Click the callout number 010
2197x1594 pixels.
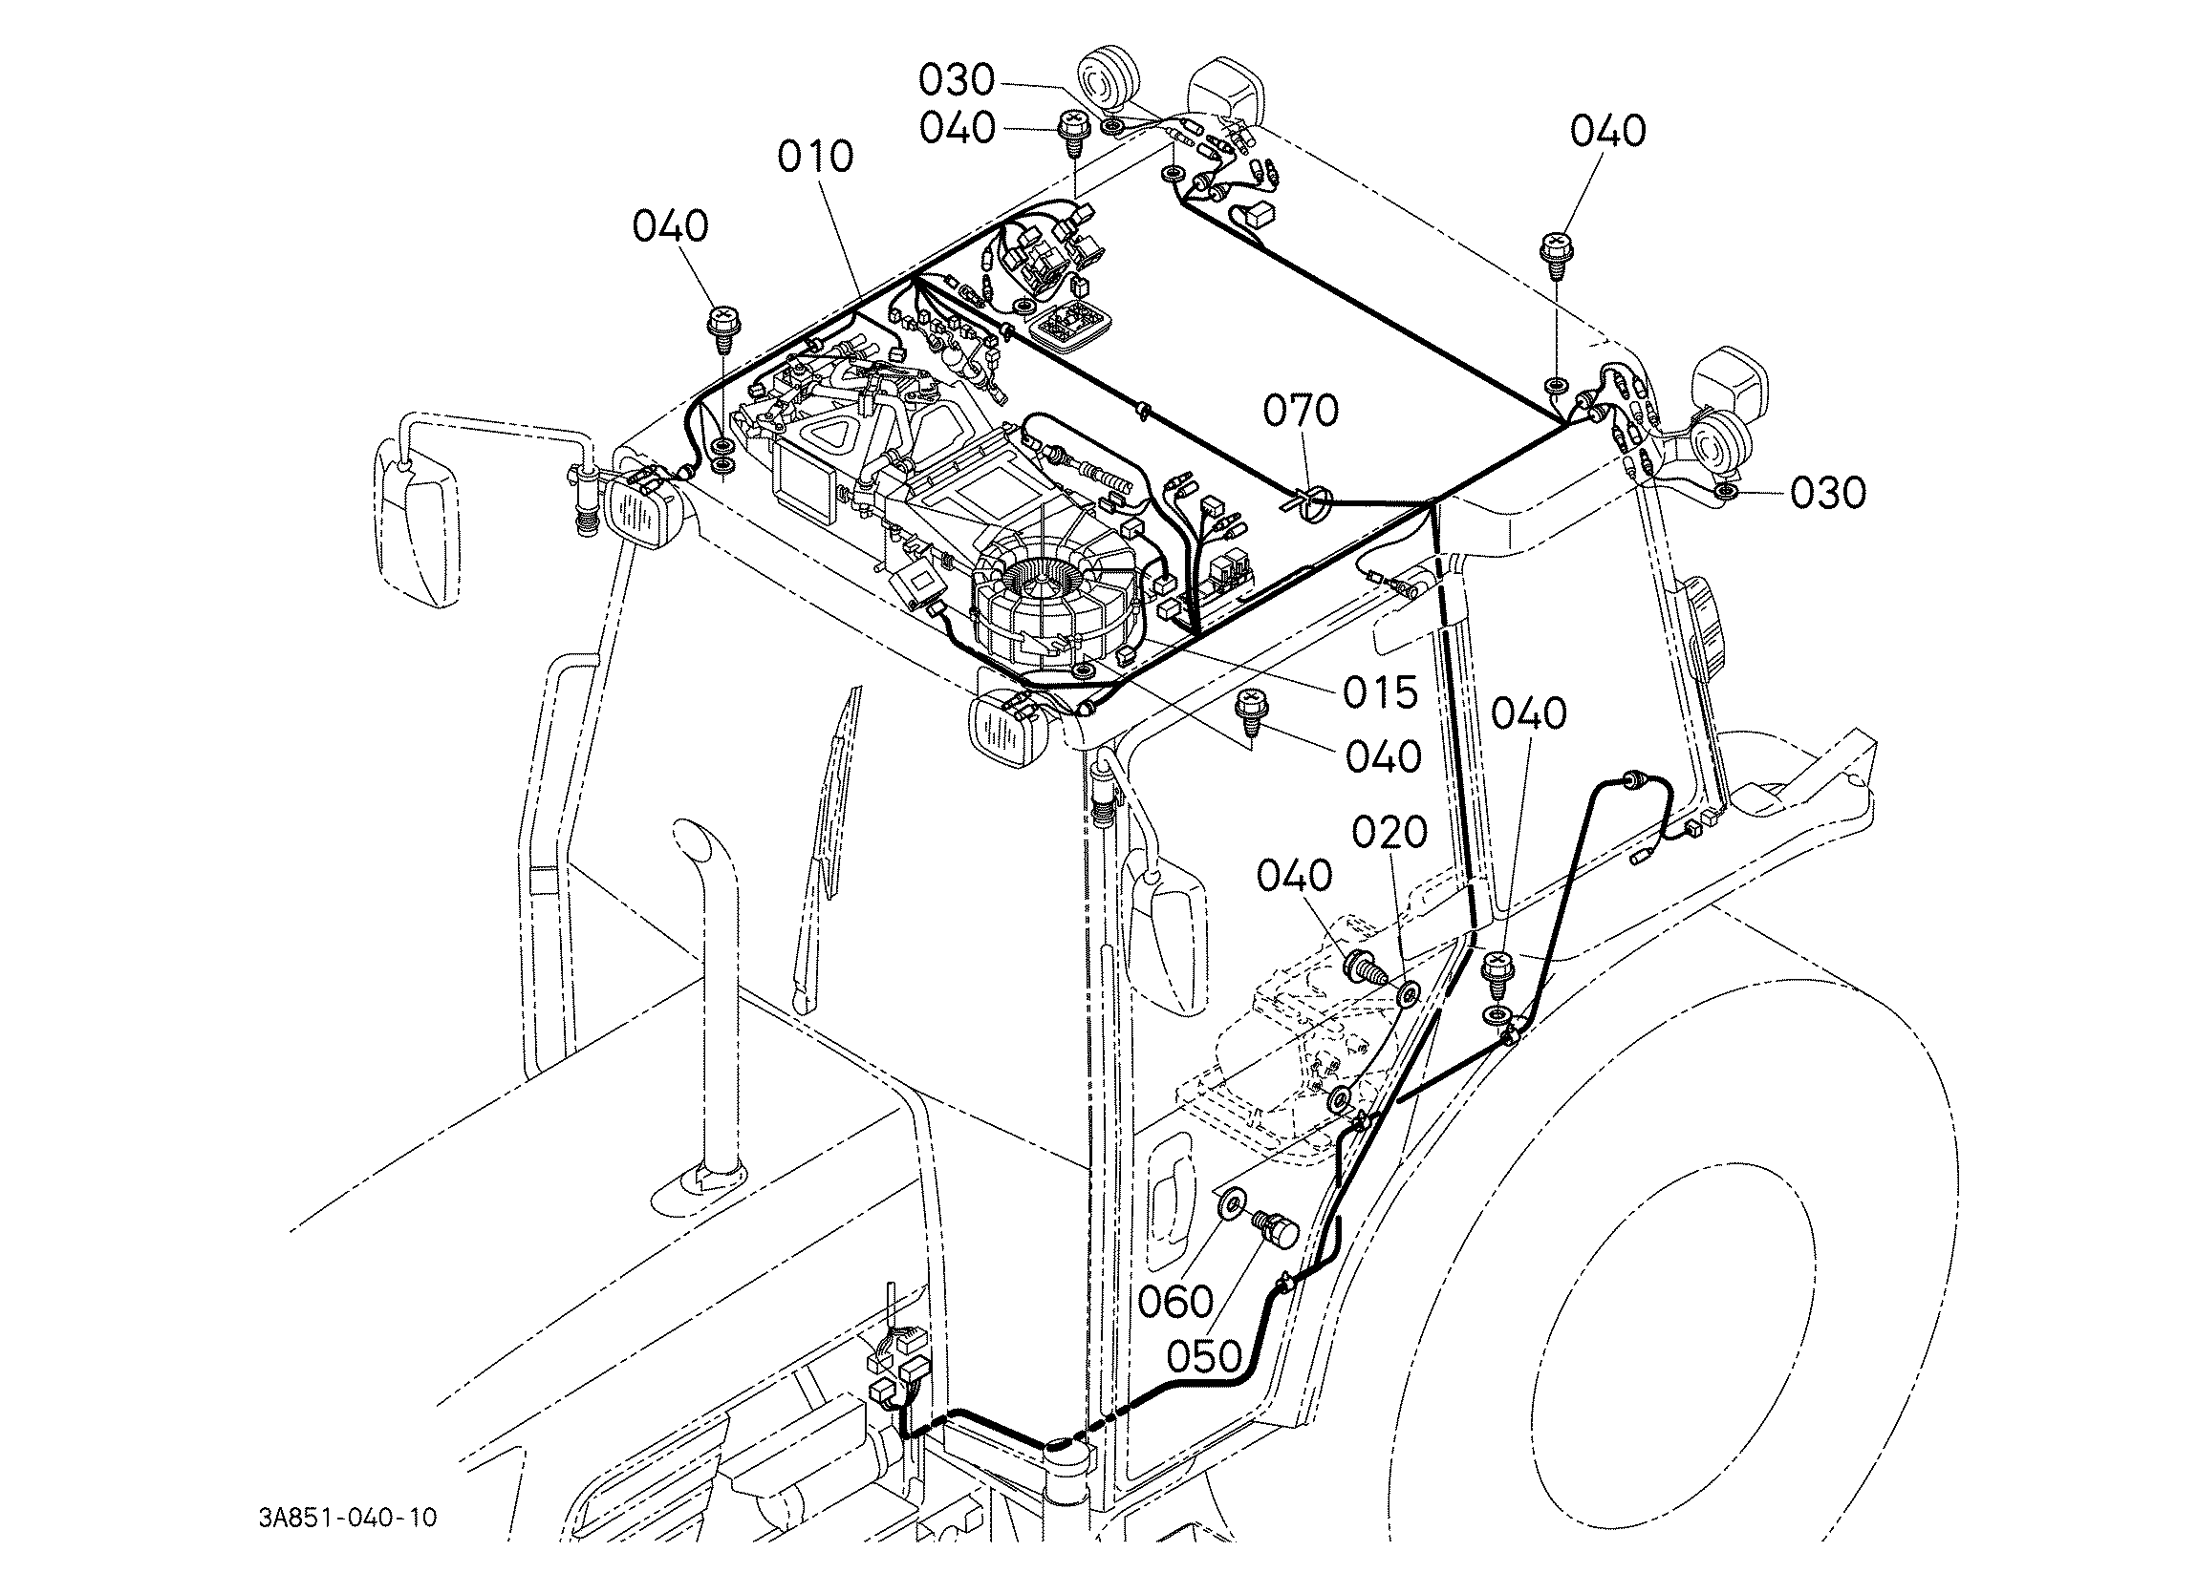pyautogui.click(x=816, y=157)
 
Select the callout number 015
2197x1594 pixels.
pyautogui.click(x=1379, y=691)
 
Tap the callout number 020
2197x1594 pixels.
pyautogui.click(x=1390, y=833)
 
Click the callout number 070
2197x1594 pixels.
pyautogui.click(x=1301, y=411)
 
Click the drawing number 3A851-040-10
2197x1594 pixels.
pyautogui.click(x=348, y=1518)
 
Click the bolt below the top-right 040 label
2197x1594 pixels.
pyautogui.click(x=1555, y=249)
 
